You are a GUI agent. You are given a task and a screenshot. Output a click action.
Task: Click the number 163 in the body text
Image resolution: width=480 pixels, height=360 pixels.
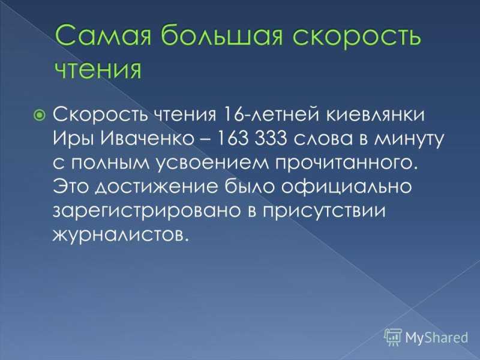232,139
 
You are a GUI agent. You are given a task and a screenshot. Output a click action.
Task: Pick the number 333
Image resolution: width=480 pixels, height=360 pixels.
271,139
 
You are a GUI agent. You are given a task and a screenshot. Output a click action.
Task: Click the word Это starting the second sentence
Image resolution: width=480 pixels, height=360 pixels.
71,187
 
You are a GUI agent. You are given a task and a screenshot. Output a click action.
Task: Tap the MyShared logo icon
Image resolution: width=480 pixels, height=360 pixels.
393,337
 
